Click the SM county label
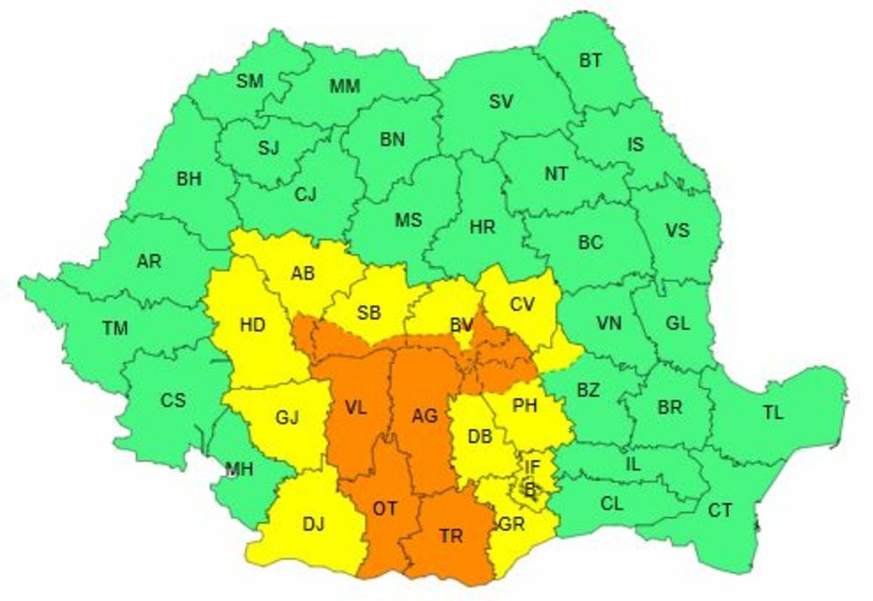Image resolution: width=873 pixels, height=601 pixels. (x=250, y=81)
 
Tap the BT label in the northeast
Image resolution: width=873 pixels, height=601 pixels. (x=590, y=60)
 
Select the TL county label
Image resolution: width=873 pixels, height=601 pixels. (x=773, y=413)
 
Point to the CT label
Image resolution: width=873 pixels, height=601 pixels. (x=720, y=511)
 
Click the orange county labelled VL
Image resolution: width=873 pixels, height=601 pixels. (x=355, y=409)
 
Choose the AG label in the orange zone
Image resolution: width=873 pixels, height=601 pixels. (x=424, y=417)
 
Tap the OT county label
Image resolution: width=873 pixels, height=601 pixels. (x=384, y=508)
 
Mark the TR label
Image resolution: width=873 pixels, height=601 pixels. (x=451, y=536)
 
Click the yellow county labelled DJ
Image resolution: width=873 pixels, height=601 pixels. (x=313, y=524)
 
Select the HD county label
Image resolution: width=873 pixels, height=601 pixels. (x=252, y=326)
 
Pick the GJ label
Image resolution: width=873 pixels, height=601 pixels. (x=287, y=418)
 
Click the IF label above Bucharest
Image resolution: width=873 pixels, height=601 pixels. (x=533, y=466)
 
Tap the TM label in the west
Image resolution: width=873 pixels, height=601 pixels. (x=114, y=328)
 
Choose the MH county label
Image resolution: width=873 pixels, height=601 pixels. (x=239, y=469)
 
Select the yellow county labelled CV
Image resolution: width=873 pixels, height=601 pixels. (x=522, y=304)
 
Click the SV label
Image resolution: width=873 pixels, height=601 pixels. (x=500, y=102)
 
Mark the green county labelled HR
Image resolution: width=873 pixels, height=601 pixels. (x=482, y=227)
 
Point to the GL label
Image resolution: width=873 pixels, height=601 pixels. (x=677, y=323)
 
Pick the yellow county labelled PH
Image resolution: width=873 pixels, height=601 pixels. (x=525, y=406)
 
